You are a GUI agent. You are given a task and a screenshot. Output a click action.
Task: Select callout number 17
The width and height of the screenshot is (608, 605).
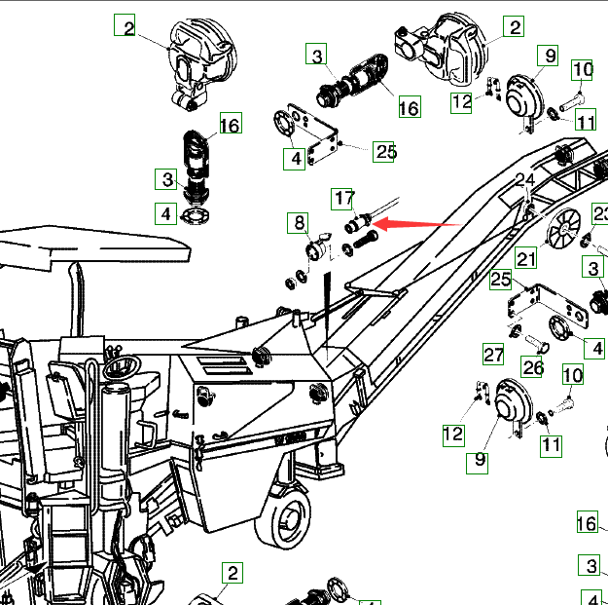[344, 198]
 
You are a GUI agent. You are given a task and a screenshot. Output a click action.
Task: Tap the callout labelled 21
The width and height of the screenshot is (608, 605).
[526, 258]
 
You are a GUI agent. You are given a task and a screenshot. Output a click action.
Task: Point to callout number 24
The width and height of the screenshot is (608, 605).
[525, 180]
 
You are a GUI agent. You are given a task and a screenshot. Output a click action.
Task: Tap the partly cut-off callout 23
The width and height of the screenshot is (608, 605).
[600, 214]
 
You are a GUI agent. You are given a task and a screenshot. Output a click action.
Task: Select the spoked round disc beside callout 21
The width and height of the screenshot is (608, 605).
[564, 232]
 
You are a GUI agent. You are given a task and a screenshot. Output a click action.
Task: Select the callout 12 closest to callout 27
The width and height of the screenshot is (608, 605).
[453, 434]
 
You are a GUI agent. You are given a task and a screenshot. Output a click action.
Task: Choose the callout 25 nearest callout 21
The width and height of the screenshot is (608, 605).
[501, 280]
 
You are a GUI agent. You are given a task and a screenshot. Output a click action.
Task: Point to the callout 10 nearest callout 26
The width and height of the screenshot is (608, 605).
[572, 374]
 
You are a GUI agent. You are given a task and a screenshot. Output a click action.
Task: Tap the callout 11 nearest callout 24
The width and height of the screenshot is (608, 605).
[585, 122]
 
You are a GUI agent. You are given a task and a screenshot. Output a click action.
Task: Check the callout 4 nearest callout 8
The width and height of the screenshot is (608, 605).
[294, 157]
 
